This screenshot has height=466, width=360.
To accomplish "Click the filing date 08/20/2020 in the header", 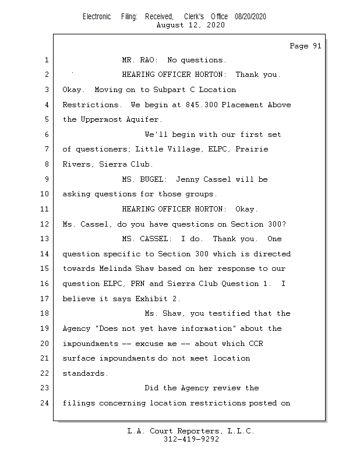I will (250, 17).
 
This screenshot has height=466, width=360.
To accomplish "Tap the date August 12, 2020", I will (190, 25).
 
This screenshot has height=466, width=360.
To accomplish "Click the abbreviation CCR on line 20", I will (256, 344).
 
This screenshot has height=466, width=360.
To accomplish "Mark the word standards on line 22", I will (84, 373).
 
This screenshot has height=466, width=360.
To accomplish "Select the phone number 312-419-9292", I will (190, 439).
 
